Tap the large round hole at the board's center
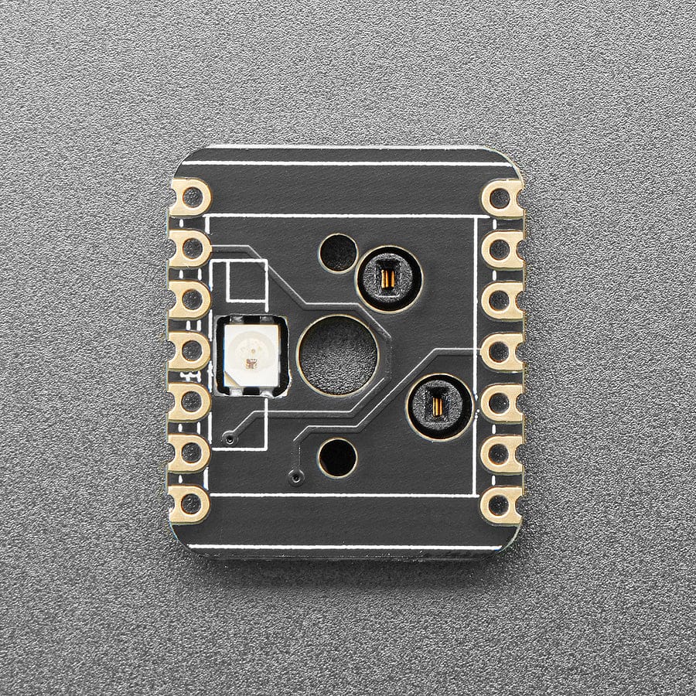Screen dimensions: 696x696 point(338,354)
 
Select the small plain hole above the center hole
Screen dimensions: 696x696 point(338,253)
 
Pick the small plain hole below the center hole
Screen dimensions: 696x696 point(338,458)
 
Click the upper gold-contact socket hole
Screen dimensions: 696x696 point(388,278)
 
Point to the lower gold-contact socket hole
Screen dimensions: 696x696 point(439,406)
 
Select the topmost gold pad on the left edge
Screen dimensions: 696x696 point(189,197)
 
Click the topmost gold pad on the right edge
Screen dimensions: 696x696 point(502,199)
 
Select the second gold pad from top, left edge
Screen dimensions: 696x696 point(189,248)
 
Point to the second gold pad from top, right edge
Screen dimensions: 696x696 point(501,250)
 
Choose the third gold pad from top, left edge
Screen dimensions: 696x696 point(189,300)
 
